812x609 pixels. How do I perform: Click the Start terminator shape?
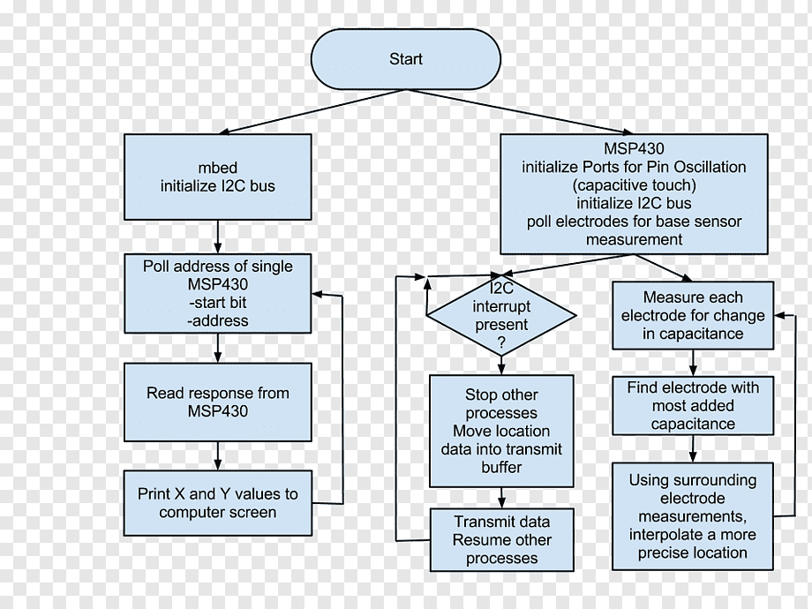(406, 59)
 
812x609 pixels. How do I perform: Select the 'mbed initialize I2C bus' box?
(217, 177)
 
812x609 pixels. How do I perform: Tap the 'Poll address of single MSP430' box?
(217, 293)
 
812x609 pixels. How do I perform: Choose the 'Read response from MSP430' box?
(217, 402)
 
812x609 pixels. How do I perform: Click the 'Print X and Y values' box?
(217, 503)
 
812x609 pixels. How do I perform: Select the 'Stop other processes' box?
(501, 431)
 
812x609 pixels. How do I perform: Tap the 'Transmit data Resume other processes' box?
(501, 539)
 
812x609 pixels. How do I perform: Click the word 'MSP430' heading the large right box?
(634, 148)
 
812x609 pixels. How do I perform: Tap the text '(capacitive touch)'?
(634, 184)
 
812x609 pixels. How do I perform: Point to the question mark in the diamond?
(501, 342)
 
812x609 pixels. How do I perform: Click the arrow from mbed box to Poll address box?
(217, 237)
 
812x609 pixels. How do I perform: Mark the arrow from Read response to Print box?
(217, 455)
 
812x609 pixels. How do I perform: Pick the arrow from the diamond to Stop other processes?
(501, 365)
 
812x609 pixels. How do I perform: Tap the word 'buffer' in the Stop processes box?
(501, 467)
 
